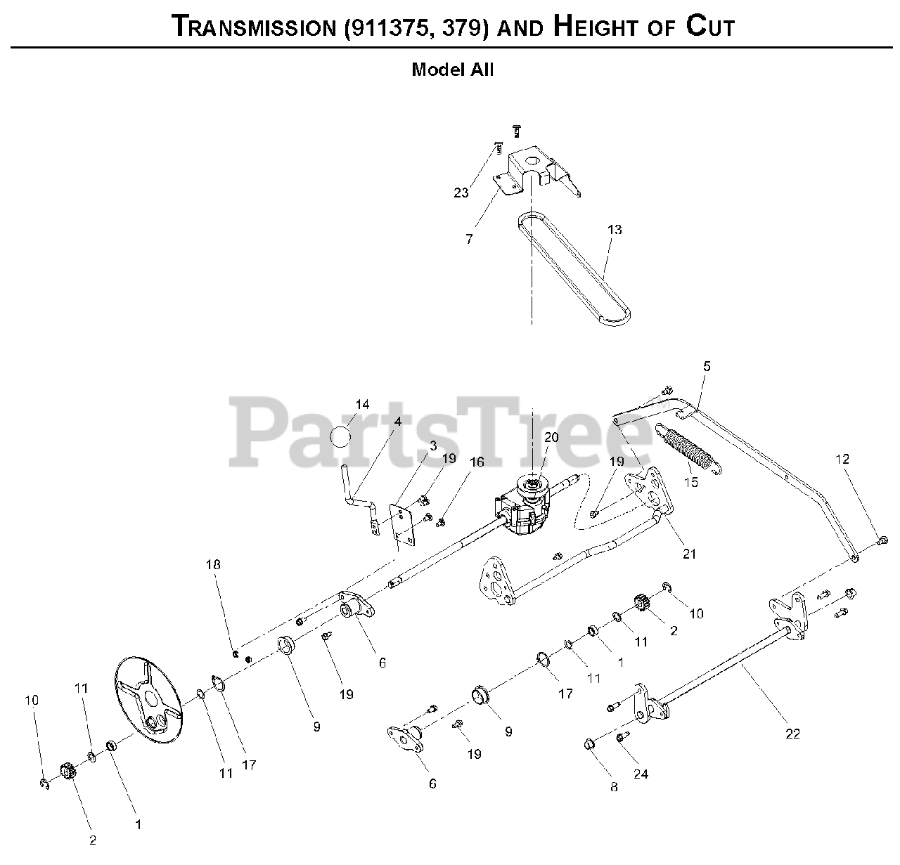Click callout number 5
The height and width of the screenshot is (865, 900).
click(707, 366)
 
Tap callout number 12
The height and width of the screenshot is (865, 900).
click(842, 459)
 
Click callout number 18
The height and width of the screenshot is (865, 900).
click(213, 564)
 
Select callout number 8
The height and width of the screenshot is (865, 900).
click(614, 787)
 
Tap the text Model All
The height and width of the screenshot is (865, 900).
click(452, 70)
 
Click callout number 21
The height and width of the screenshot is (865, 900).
click(689, 553)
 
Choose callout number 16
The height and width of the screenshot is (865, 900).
click(477, 462)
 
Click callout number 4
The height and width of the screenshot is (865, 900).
click(397, 422)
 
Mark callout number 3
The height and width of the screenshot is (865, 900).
click(432, 445)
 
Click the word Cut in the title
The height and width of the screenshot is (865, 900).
click(709, 26)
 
